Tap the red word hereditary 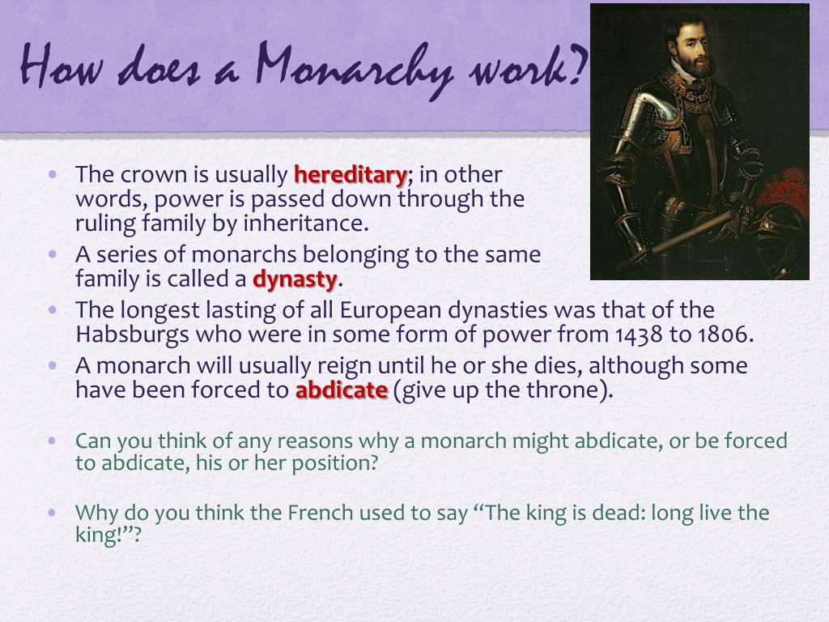[350, 174]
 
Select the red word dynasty [295, 279]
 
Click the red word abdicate [341, 390]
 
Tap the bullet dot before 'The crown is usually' [53, 173]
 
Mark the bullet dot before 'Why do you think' [53, 512]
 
